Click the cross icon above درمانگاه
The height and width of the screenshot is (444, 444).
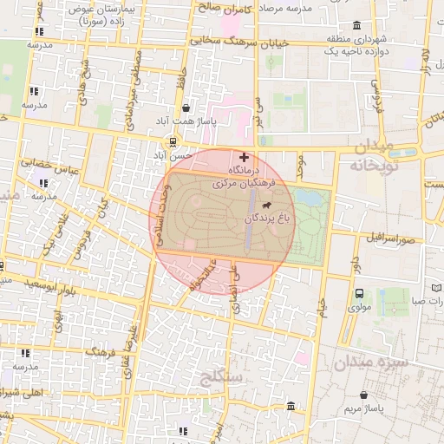pos(244,157)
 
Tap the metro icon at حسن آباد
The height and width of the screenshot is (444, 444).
pos(173,141)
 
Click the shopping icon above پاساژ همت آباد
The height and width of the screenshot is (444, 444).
pos(188,108)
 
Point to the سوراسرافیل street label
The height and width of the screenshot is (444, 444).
pos(392,237)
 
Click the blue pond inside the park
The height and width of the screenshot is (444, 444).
pos(309,199)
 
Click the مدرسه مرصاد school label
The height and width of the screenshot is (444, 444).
pos(295,7)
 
